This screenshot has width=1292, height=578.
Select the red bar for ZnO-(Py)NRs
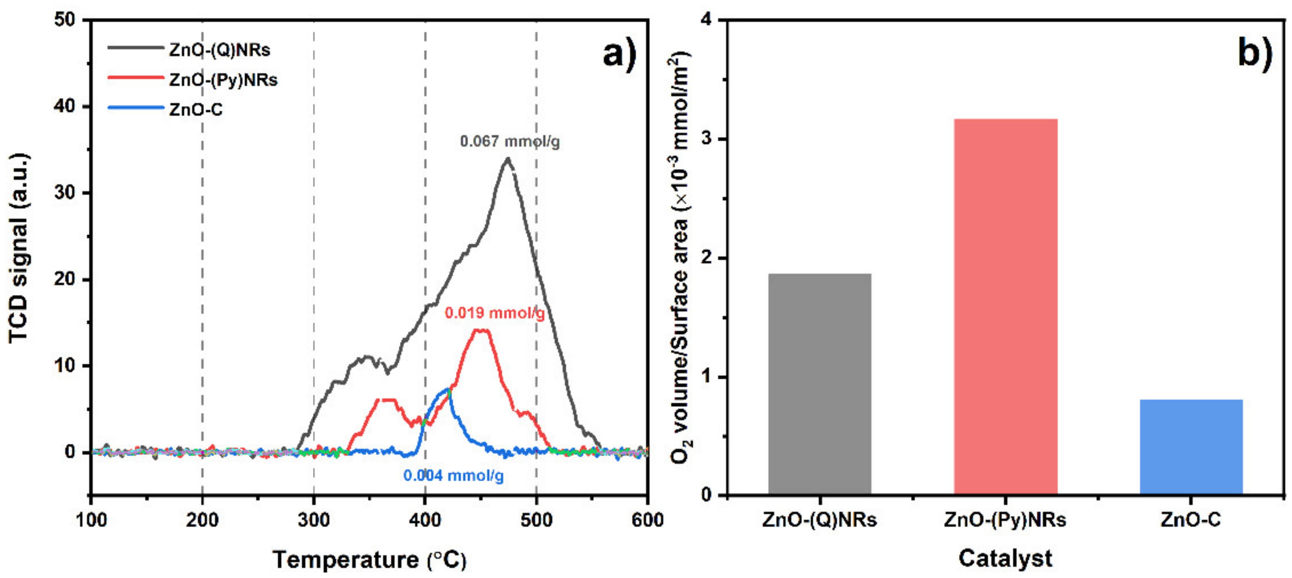1005,307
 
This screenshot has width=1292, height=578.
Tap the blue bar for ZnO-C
1191,447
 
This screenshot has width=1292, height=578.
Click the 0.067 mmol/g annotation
510,141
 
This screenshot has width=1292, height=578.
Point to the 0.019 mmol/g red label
494,313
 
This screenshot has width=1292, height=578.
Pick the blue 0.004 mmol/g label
453,475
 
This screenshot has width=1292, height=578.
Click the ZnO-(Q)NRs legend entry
219,50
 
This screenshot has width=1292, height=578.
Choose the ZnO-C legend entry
196,109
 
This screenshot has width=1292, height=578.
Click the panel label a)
620,53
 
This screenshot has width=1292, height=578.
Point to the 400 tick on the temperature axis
425,520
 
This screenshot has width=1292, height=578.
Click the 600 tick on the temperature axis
647,520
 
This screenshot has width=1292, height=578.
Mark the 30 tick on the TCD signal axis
65,193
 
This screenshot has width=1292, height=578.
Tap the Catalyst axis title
1005,558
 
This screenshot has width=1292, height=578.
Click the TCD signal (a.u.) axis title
19,248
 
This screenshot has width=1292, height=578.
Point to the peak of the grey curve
508,159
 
